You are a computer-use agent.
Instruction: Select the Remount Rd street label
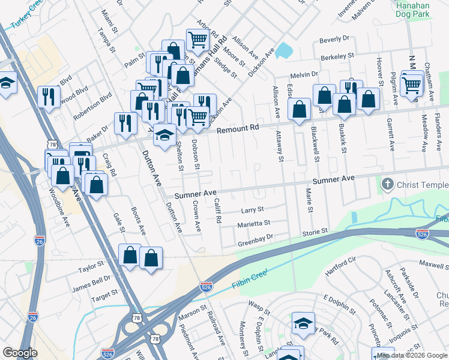[237, 128]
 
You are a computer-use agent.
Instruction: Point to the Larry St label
[252, 210]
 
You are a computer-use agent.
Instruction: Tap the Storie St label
[315, 231]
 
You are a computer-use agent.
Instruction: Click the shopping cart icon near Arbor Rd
[197, 40]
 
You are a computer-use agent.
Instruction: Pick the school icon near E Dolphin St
[303, 323]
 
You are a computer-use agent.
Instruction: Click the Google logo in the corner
[20, 353]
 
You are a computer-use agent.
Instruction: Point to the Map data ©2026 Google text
[411, 355]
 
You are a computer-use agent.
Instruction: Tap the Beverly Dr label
[334, 40]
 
